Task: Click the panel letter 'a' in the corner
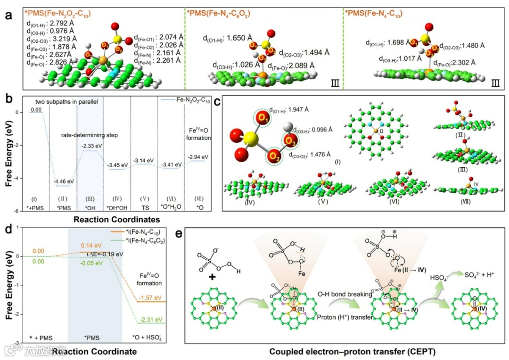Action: [9, 15]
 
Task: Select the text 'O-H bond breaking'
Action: [345, 295]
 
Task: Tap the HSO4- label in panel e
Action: [437, 279]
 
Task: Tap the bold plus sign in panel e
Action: [212, 277]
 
